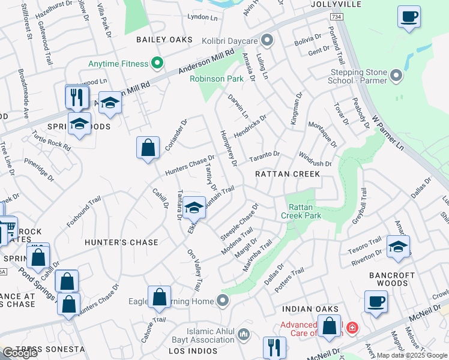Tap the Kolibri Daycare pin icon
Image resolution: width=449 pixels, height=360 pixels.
pos(268,41)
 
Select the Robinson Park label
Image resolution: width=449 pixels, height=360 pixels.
pos(217,79)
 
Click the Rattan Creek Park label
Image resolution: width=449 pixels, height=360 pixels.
pos(301,211)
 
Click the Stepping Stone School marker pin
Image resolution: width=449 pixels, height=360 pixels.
pos(396,75)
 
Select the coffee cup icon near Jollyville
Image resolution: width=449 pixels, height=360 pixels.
pos(409,17)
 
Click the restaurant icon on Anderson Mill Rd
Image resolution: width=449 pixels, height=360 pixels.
pos(77,96)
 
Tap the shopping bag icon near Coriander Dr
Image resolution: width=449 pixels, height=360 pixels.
pos(148,147)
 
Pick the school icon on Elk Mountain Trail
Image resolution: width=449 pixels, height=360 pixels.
pos(194,207)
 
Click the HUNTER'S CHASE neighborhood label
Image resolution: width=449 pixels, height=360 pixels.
pos(121,242)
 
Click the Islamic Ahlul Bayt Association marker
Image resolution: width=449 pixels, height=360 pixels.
pos(244,333)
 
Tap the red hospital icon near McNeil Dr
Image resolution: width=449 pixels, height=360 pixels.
pos(351,328)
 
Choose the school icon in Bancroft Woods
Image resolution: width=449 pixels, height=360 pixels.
pos(398,247)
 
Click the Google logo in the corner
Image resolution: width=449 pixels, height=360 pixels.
pos(20,352)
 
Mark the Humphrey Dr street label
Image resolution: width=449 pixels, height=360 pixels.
pos(228,148)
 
